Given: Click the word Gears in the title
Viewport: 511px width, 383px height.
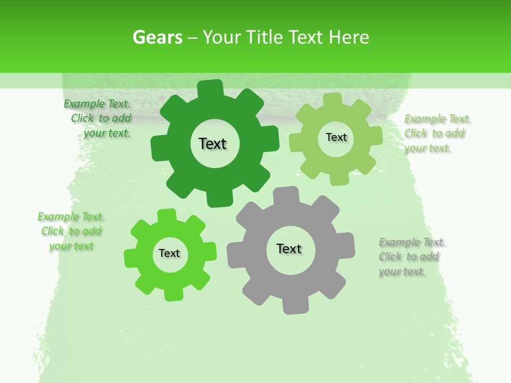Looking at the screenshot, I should (157, 37).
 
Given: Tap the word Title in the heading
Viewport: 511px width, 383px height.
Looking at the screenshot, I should (265, 37).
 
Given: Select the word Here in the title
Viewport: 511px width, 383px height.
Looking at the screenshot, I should (349, 37).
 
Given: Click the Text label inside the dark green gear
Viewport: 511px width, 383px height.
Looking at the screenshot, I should (212, 144).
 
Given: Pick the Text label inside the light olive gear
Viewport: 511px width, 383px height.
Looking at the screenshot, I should (336, 137).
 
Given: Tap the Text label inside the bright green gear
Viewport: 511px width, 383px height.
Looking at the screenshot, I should (169, 253).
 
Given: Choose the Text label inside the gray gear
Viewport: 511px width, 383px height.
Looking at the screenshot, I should (289, 249).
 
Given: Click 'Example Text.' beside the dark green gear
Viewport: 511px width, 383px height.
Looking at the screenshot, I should (97, 104).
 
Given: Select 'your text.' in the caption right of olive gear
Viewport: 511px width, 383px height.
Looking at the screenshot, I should (427, 148).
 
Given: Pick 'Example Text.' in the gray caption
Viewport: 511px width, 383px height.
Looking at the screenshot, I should (412, 243).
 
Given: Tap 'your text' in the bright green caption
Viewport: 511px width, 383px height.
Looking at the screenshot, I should (71, 246).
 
